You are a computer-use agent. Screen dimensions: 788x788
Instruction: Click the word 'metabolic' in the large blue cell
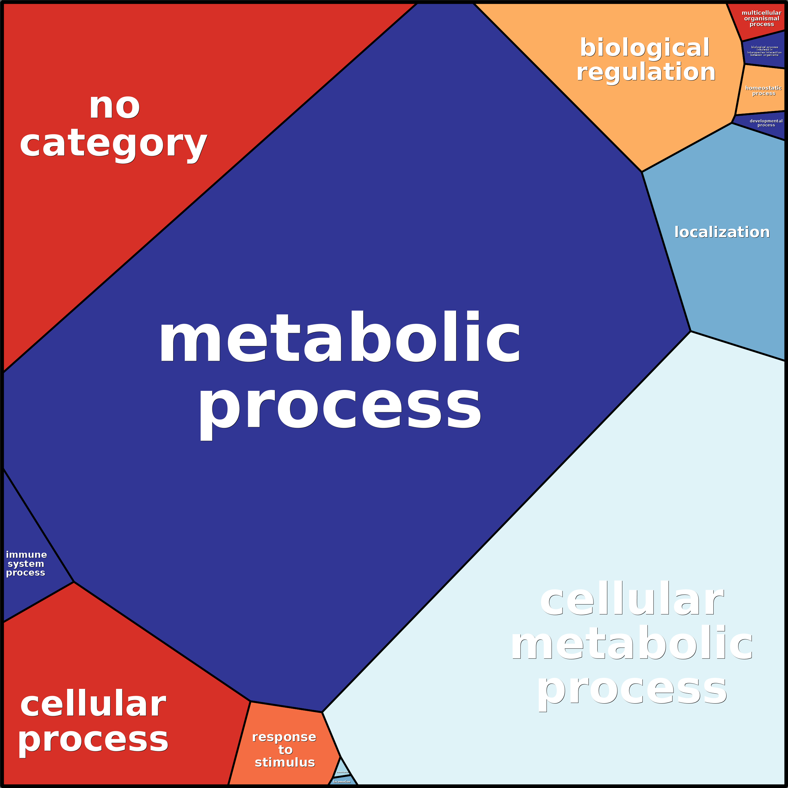pos(339,338)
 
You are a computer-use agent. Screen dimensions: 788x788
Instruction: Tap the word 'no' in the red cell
pos(114,107)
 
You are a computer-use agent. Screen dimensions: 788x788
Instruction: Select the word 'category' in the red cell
pos(113,144)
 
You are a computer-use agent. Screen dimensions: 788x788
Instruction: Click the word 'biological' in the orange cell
pos(644,48)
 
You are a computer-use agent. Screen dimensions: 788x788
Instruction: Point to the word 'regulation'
pos(646,72)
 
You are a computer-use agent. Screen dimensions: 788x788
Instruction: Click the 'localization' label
pos(722,232)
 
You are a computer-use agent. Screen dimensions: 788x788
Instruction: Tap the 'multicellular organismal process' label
pos(761,19)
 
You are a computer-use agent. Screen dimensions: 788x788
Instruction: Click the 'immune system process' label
pos(26,563)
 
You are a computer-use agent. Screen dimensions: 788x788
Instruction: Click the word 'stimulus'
pos(285,762)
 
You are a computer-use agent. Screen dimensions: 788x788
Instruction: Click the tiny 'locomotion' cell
pos(342,781)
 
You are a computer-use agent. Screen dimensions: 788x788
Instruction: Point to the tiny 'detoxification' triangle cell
pos(343,770)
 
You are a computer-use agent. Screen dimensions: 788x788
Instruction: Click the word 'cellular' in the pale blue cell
pos(632,600)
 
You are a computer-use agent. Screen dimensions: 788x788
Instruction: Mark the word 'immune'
pos(26,555)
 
